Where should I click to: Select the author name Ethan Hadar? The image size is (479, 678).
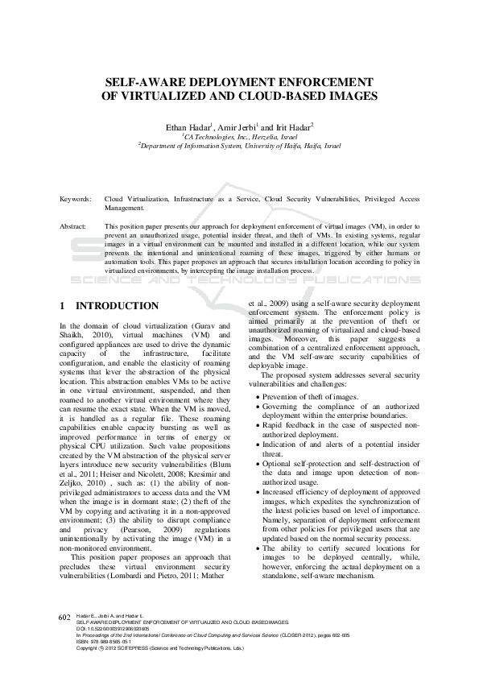[188, 126]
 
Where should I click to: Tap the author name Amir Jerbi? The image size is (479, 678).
[236, 126]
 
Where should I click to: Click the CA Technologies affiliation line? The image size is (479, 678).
[239, 137]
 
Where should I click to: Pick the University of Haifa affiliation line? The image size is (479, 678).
[239, 147]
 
